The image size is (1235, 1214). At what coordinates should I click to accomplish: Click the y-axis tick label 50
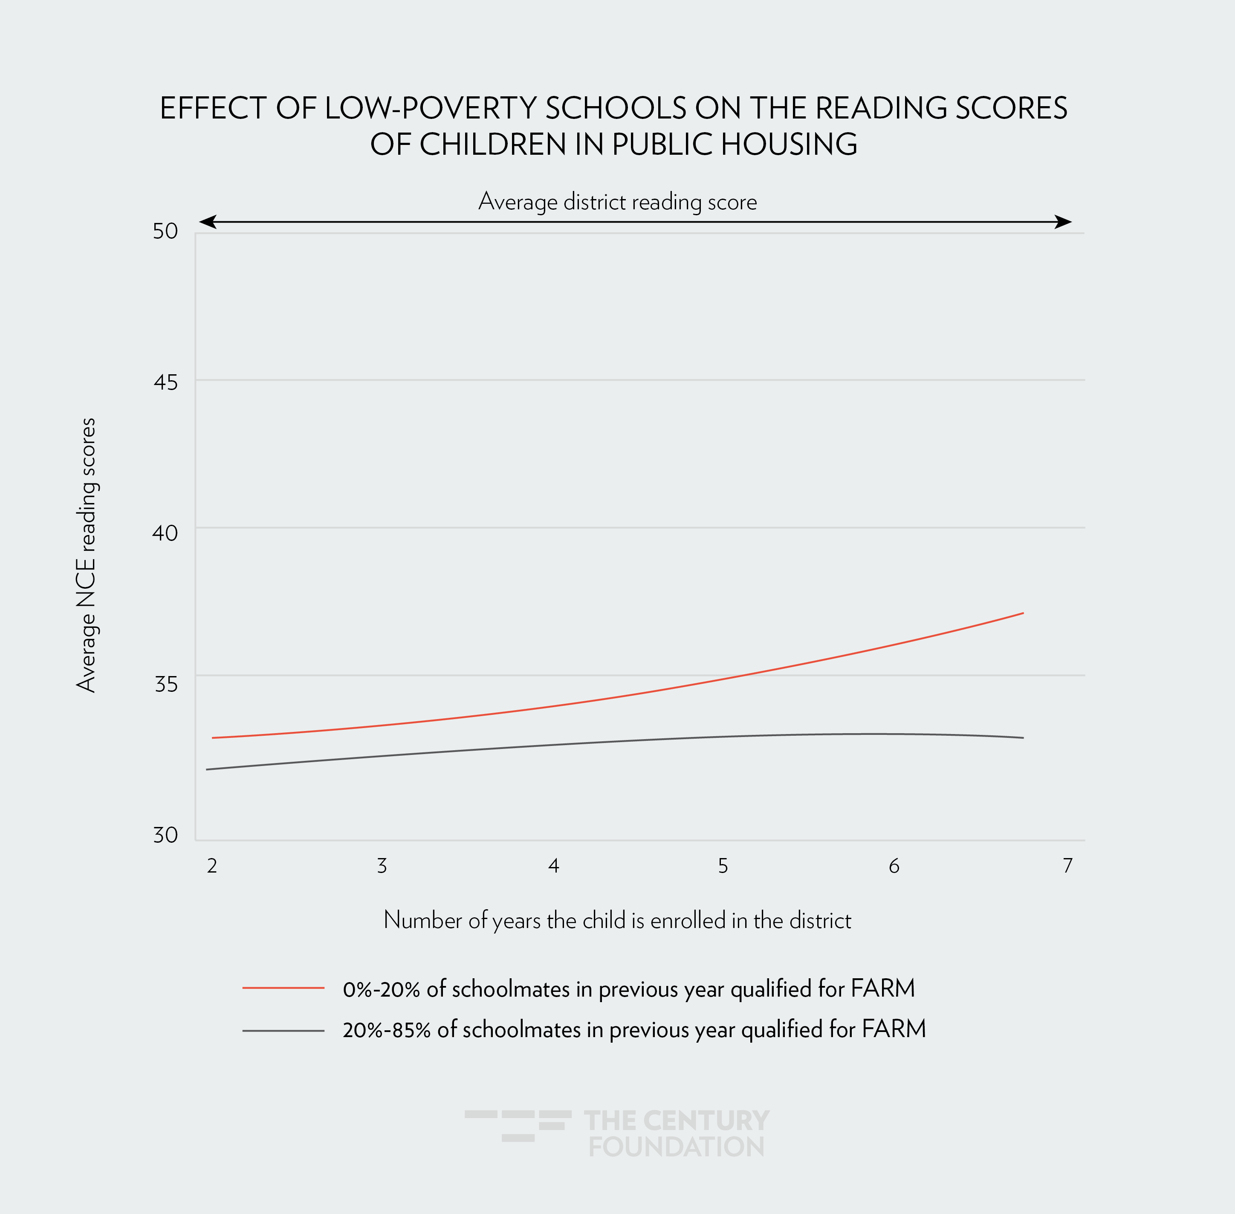click(x=165, y=231)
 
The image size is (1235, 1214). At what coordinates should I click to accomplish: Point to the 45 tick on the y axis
click(x=165, y=382)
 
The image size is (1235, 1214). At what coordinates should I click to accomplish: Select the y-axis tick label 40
click(x=165, y=532)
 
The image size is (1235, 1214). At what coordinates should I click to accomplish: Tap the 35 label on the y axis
click(x=165, y=684)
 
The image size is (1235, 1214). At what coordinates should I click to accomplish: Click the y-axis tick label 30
click(x=165, y=835)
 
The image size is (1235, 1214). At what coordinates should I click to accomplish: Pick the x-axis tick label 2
click(x=212, y=866)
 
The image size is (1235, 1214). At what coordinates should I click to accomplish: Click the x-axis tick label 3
click(x=382, y=866)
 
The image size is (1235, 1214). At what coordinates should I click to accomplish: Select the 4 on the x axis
click(x=553, y=866)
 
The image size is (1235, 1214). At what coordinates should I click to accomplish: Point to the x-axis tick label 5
click(x=723, y=866)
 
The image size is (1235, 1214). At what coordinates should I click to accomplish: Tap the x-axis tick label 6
click(x=894, y=866)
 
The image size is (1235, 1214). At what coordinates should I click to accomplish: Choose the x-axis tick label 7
click(x=1067, y=866)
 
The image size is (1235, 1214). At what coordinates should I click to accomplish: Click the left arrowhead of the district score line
click(x=208, y=222)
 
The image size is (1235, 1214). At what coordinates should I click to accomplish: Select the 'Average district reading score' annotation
click(x=617, y=202)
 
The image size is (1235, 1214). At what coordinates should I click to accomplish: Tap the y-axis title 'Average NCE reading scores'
click(x=86, y=555)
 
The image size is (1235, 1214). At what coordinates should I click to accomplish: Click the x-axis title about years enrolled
click(x=617, y=920)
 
